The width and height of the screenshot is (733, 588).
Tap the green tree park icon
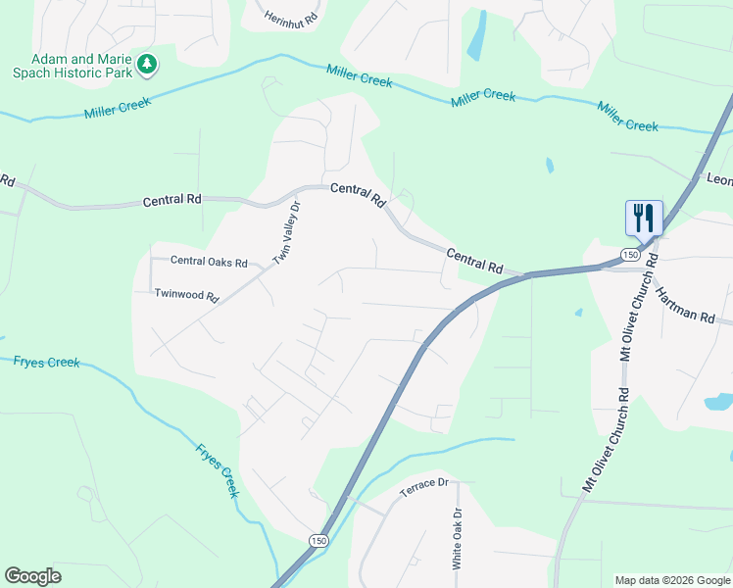point(147,65)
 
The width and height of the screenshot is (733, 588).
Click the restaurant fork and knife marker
point(644,217)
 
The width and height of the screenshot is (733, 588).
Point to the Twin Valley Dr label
point(285,232)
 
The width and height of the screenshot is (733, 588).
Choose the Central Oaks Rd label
point(209,262)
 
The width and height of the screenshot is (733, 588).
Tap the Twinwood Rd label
point(186,294)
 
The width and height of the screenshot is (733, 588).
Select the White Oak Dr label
point(457,539)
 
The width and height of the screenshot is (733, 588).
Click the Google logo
point(32,575)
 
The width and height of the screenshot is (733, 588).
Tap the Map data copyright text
point(671,580)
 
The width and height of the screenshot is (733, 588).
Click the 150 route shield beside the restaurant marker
point(629,255)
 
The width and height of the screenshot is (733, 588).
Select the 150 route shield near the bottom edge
point(318,541)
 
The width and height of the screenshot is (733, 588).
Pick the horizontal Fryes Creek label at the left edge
point(46,363)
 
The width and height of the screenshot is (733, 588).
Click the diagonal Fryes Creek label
point(217,469)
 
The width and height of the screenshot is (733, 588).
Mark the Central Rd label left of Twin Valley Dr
point(171,200)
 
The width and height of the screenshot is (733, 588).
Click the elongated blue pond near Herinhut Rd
point(476,35)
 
